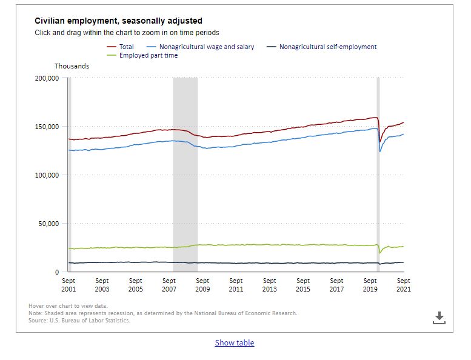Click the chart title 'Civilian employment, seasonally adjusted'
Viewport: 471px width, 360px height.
point(118,21)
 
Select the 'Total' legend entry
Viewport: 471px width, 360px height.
point(120,47)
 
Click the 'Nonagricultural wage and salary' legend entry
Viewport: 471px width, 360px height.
point(201,47)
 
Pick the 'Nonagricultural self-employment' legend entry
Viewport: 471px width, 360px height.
point(322,47)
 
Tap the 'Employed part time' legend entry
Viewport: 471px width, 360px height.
point(142,55)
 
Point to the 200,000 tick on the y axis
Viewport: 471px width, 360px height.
point(47,78)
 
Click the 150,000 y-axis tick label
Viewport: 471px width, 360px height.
point(47,127)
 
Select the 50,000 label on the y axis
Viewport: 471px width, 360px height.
point(48,224)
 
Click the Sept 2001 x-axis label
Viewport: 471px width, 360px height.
point(68,285)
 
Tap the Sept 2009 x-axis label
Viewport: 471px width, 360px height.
point(202,285)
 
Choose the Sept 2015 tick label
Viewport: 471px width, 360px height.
point(303,285)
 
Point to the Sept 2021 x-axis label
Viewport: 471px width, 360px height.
point(404,285)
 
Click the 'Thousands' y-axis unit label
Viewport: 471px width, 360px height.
point(72,66)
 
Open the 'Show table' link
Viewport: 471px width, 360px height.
point(235,342)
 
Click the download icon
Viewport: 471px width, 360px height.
point(439,318)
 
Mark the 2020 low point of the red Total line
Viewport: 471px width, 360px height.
point(380,142)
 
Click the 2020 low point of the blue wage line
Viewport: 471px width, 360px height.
point(380,152)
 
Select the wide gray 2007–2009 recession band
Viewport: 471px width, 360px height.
point(185,175)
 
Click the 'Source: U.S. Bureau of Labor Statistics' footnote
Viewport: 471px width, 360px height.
point(79,321)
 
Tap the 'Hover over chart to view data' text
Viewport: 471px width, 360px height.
point(68,306)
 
